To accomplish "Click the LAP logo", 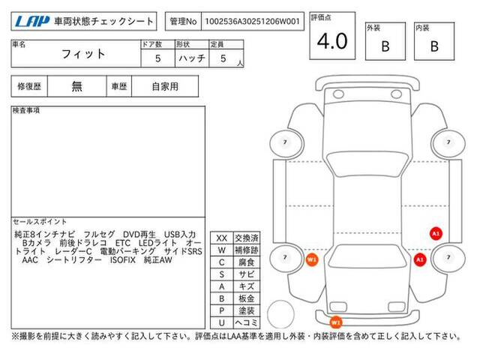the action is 31,22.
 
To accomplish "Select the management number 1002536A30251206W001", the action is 252,22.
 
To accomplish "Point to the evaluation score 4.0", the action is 332,41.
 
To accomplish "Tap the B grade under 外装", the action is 385,46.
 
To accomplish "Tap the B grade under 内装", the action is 434,46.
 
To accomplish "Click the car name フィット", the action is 83,54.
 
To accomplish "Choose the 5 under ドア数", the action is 157,58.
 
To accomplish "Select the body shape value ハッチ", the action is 192,58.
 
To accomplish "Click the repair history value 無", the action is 76,86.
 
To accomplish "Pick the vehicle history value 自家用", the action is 165,86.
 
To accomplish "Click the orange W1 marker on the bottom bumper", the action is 335,322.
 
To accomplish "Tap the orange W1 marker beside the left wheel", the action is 312,260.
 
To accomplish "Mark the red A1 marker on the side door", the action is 436,233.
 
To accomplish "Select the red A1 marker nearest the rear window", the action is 420,259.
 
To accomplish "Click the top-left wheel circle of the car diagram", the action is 286,143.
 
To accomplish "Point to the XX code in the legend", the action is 222,238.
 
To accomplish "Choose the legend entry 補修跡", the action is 247,250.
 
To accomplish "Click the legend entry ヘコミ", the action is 247,322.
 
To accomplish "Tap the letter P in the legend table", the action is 222,310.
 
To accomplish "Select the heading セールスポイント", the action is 40,222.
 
